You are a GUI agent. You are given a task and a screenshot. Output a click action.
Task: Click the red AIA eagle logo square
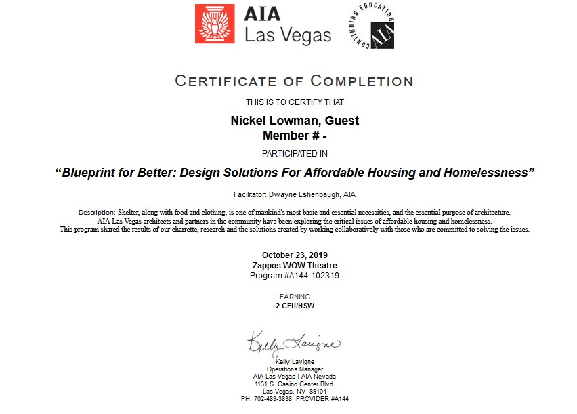tap(215, 24)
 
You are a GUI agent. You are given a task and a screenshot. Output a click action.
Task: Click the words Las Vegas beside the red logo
tap(288, 35)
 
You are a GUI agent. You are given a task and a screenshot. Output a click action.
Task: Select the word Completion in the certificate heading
tap(362, 81)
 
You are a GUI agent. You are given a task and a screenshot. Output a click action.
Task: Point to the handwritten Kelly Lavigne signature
tap(293, 344)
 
